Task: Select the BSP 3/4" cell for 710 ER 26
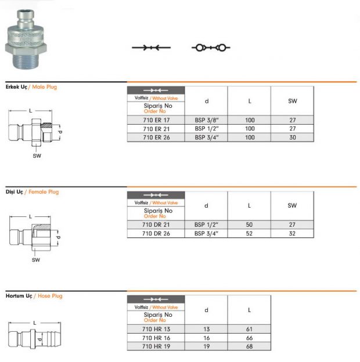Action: coord(206,137)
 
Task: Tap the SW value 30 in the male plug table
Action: coord(292,137)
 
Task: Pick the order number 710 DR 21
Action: coord(155,225)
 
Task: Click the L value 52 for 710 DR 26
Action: coord(249,233)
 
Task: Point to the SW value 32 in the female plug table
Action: coord(292,233)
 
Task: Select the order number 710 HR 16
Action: coord(155,337)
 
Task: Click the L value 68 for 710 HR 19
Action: coord(249,346)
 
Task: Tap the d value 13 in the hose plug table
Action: coord(206,328)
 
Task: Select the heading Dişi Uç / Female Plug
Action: coord(32,192)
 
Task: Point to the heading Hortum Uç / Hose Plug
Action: coord(34,296)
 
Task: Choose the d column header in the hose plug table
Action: coord(206,310)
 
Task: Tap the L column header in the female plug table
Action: coord(249,205)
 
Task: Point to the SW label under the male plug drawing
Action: coord(37,156)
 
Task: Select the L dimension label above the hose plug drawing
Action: coord(34,323)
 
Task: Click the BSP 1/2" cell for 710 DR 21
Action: coord(206,225)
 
